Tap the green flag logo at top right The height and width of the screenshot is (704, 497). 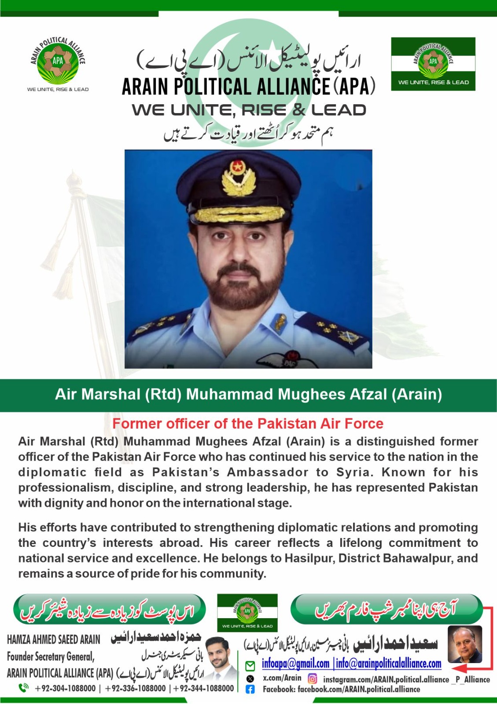(x=433, y=64)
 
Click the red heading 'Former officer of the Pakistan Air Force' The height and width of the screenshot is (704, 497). (x=248, y=424)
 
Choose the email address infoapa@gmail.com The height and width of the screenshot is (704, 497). (x=295, y=664)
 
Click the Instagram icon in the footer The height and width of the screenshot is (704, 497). (x=313, y=679)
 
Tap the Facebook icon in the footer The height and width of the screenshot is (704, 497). (x=250, y=689)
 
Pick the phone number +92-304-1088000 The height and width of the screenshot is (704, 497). (x=65, y=688)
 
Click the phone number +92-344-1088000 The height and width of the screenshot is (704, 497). (x=204, y=688)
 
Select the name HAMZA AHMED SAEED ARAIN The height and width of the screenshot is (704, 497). (x=54, y=639)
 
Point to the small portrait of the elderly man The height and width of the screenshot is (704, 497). (x=464, y=644)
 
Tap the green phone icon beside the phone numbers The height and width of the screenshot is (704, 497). (x=23, y=688)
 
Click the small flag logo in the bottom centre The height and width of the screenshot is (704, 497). (x=247, y=612)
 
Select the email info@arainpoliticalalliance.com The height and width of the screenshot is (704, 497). (x=389, y=664)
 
